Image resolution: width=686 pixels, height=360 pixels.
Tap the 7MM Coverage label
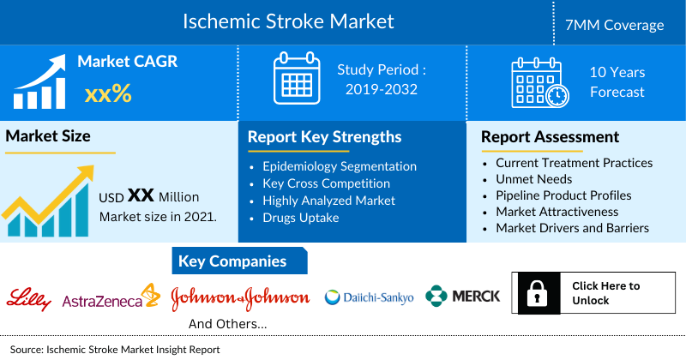pyautogui.click(x=620, y=25)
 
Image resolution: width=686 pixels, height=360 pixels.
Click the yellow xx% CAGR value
pyautogui.click(x=107, y=93)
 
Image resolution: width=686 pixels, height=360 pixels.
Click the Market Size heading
pyautogui.click(x=48, y=135)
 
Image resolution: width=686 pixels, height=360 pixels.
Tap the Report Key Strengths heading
pyautogui.click(x=324, y=136)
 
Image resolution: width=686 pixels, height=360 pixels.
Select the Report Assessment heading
pyautogui.click(x=550, y=136)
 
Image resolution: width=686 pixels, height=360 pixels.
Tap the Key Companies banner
pyautogui.click(x=232, y=261)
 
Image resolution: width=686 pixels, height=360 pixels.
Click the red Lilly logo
pyautogui.click(x=29, y=297)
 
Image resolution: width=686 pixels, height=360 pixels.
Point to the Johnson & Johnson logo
pyautogui.click(x=240, y=297)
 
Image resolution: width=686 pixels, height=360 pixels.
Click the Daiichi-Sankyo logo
pyautogui.click(x=370, y=297)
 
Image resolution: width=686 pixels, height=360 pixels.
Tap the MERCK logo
pyautogui.click(x=463, y=297)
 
